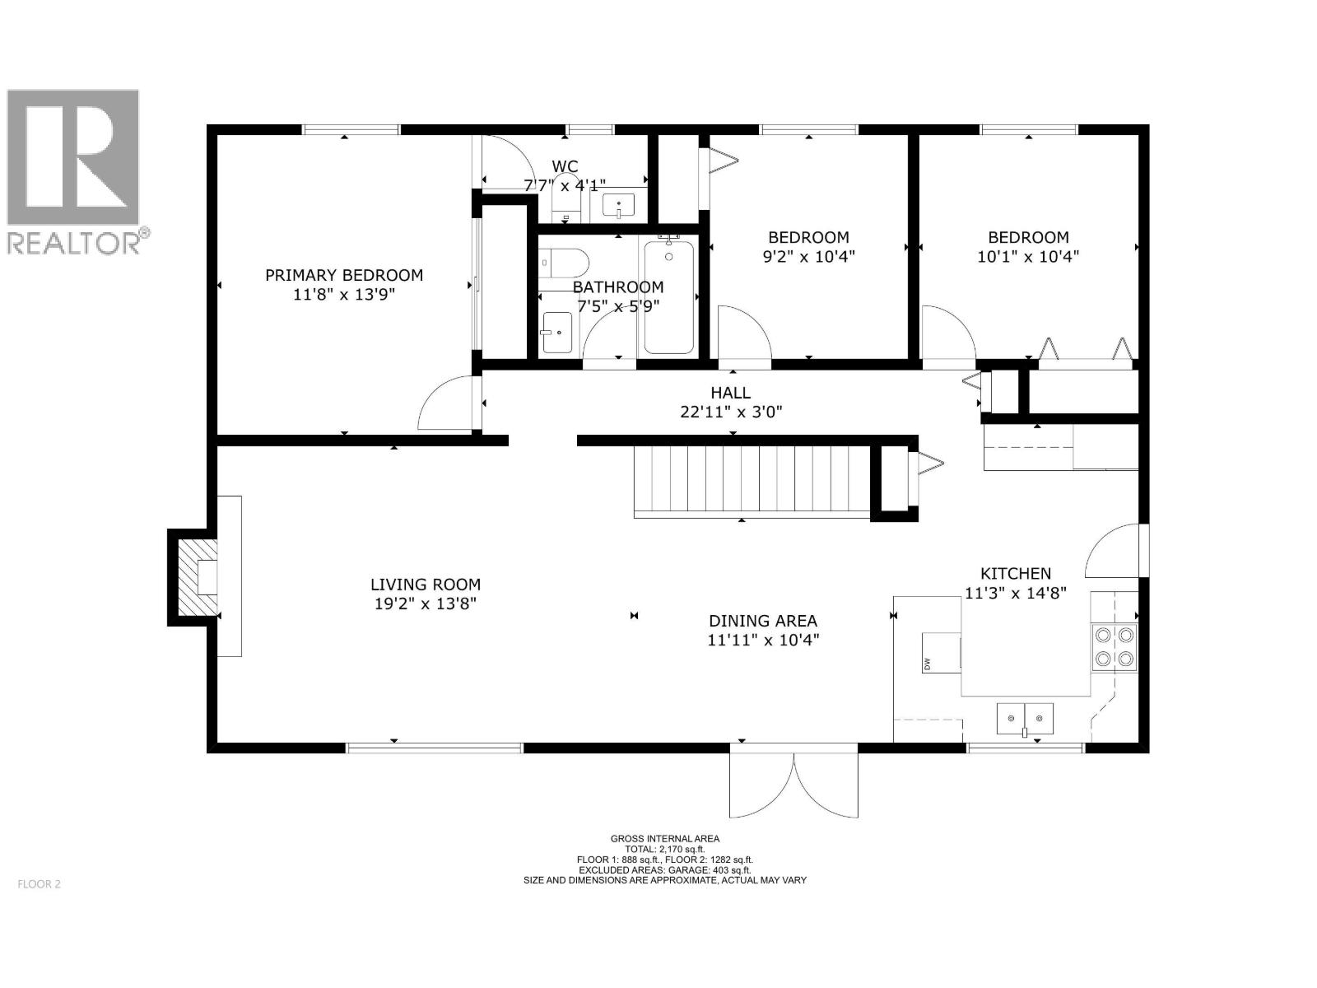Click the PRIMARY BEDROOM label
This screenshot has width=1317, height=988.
pyautogui.click(x=344, y=275)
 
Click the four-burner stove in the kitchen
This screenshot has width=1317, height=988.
pyautogui.click(x=1114, y=646)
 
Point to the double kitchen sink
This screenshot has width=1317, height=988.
pyautogui.click(x=1025, y=719)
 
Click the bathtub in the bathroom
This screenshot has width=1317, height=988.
pyautogui.click(x=668, y=296)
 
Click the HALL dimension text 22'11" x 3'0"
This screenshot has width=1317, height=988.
pyautogui.click(x=731, y=412)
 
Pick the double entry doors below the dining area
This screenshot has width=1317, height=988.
pyautogui.click(x=794, y=786)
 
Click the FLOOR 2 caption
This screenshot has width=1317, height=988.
pyautogui.click(x=39, y=884)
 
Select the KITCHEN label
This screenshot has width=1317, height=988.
pyautogui.click(x=1015, y=574)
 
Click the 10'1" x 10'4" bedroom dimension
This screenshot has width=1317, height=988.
pyautogui.click(x=1028, y=256)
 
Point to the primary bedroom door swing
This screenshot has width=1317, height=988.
pyautogui.click(x=446, y=403)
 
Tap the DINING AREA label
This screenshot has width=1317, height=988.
pyautogui.click(x=763, y=621)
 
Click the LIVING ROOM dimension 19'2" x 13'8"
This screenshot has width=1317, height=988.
pyautogui.click(x=425, y=604)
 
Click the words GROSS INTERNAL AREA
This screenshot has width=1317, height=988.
pyautogui.click(x=665, y=839)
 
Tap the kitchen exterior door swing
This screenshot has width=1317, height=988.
pyautogui.click(x=1113, y=552)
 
